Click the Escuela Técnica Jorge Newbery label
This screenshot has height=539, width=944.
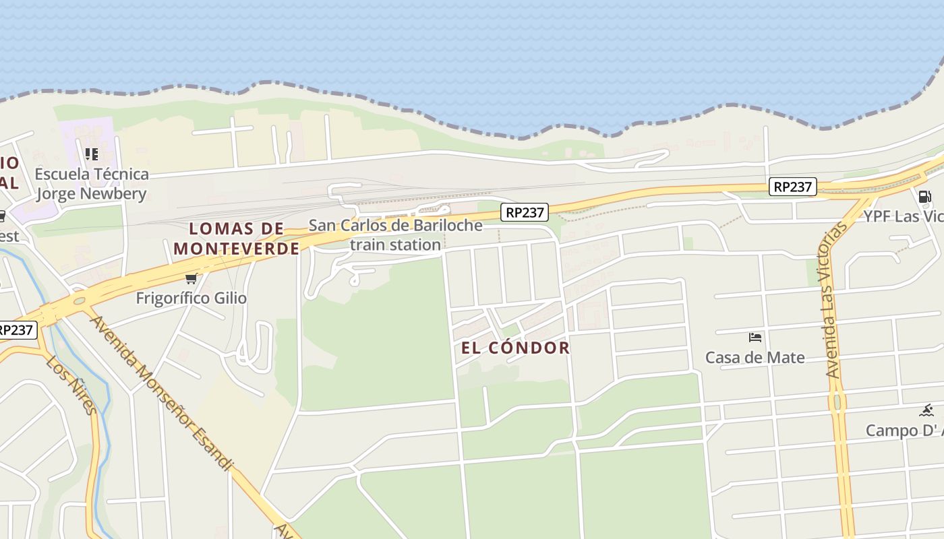[92, 184]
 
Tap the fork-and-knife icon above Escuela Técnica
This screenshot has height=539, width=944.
[92, 154]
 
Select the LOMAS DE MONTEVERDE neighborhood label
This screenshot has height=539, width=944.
[237, 239]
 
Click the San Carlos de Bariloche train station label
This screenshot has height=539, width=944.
[395, 234]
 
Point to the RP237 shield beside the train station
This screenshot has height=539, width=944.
[525, 213]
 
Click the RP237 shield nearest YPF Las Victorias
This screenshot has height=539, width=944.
[792, 187]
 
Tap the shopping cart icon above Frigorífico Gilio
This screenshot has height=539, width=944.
[191, 278]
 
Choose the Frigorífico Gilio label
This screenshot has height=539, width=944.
[191, 298]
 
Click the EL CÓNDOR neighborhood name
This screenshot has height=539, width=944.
[516, 348]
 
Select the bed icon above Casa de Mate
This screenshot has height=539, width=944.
[755, 337]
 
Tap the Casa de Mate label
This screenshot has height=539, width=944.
[755, 357]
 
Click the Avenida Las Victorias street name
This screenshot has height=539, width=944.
[835, 300]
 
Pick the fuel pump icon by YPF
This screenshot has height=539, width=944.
[924, 196]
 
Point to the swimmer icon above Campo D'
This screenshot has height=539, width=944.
[926, 410]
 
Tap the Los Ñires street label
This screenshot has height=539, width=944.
[71, 385]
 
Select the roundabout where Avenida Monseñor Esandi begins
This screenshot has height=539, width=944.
[79, 301]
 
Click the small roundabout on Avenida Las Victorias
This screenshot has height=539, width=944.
[838, 402]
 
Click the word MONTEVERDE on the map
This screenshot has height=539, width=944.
[237, 249]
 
